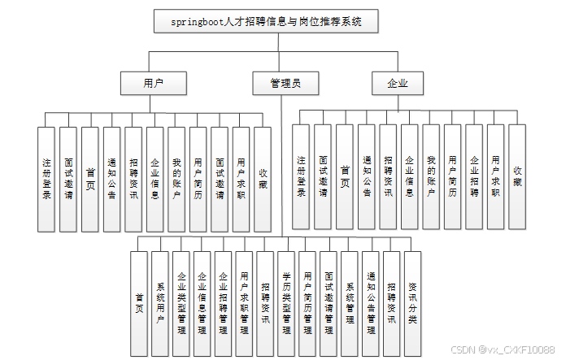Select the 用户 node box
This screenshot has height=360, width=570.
[153, 83]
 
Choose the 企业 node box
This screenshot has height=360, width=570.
[397, 83]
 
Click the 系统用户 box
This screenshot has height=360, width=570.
[160, 303]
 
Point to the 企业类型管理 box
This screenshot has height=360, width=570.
[181, 303]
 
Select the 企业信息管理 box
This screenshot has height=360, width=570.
[202, 303]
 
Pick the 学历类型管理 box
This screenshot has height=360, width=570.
[286, 303]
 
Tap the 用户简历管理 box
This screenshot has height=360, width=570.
[307, 303]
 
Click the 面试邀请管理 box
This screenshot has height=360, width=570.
[329, 303]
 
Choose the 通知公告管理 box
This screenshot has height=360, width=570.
[371, 303]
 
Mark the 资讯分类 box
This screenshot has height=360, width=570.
[413, 303]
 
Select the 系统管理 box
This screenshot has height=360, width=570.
[350, 303]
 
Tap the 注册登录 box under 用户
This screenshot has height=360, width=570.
[47, 179]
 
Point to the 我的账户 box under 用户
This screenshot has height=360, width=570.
[176, 179]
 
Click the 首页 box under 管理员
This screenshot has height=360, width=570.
[139, 303]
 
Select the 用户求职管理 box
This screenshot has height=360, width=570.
[245, 303]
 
